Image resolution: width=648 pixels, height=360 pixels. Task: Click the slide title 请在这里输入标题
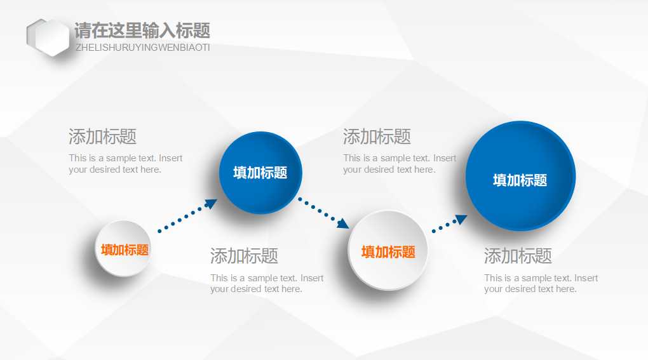tap(142, 30)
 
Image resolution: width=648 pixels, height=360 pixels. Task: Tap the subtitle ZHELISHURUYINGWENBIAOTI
tap(142, 48)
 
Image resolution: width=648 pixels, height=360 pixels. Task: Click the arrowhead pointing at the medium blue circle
tap(210, 204)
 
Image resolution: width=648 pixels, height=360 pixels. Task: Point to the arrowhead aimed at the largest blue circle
tap(461, 219)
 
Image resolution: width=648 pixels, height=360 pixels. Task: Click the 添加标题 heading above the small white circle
tap(102, 137)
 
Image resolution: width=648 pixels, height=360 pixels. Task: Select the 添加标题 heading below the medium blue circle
tap(244, 256)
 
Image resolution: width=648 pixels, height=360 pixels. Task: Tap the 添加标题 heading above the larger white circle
tap(377, 137)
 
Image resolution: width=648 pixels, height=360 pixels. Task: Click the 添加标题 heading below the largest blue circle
tap(518, 256)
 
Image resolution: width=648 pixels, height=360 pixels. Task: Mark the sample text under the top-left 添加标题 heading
tap(125, 164)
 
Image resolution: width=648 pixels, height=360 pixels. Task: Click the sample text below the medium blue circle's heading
tap(267, 283)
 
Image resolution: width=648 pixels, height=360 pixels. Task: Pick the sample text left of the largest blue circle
tap(400, 164)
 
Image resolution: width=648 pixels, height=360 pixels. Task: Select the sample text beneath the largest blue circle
tap(541, 283)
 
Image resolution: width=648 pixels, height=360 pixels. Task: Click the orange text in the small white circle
tap(125, 250)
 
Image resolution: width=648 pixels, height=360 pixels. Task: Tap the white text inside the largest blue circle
tap(520, 180)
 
